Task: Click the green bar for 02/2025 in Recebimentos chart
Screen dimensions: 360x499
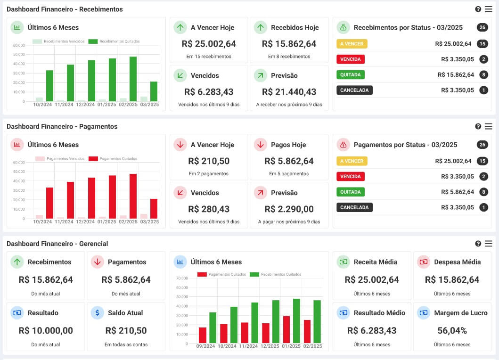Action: pos(133,79)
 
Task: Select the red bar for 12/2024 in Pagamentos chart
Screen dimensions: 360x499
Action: pos(91,198)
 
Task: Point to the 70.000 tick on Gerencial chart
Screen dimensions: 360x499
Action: pos(182,278)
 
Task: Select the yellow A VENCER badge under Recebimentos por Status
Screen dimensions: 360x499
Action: pos(352,44)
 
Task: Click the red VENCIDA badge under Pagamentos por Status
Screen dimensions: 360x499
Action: pos(351,177)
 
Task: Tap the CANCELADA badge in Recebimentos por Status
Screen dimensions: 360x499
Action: pos(354,90)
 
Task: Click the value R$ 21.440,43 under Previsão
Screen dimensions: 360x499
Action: pos(289,92)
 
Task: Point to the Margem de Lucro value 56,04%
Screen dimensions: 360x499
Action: pos(452,330)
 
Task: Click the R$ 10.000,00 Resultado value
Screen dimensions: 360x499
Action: pos(46,330)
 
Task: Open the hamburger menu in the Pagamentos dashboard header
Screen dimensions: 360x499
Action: pos(488,126)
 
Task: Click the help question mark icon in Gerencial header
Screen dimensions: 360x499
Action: pos(478,244)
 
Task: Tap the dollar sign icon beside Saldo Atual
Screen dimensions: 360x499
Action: pos(97,312)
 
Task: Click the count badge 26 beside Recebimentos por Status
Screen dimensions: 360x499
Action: pos(482,27)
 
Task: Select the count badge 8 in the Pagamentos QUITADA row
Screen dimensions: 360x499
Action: pos(483,192)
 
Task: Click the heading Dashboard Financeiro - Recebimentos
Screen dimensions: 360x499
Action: pos(65,9)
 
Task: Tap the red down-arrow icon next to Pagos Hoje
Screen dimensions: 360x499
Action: pos(260,145)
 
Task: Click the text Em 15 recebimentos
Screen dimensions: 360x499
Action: pos(209,57)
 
